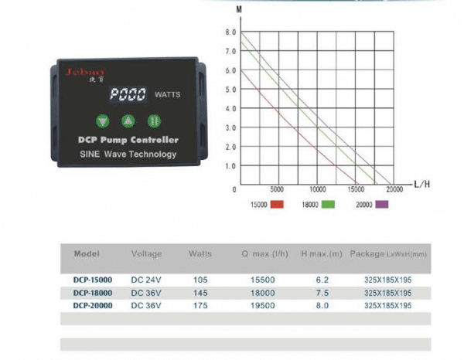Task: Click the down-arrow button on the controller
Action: click(103, 121)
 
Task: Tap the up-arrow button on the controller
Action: click(128, 121)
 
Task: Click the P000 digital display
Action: click(128, 94)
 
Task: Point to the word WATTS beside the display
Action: click(168, 94)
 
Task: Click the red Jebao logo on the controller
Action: click(85, 72)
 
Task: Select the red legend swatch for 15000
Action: click(277, 205)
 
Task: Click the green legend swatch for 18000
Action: click(328, 205)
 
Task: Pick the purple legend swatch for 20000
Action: click(382, 204)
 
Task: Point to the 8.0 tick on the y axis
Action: click(230, 32)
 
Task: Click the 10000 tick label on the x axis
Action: click(318, 189)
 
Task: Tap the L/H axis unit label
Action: click(422, 185)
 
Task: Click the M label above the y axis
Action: click(239, 9)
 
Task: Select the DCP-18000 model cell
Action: click(93, 293)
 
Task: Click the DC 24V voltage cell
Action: click(146, 280)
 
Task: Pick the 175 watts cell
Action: click(200, 305)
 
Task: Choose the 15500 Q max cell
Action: click(262, 280)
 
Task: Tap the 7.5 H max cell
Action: click(322, 293)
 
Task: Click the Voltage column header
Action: click(146, 253)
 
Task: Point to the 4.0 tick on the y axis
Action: click(230, 108)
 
